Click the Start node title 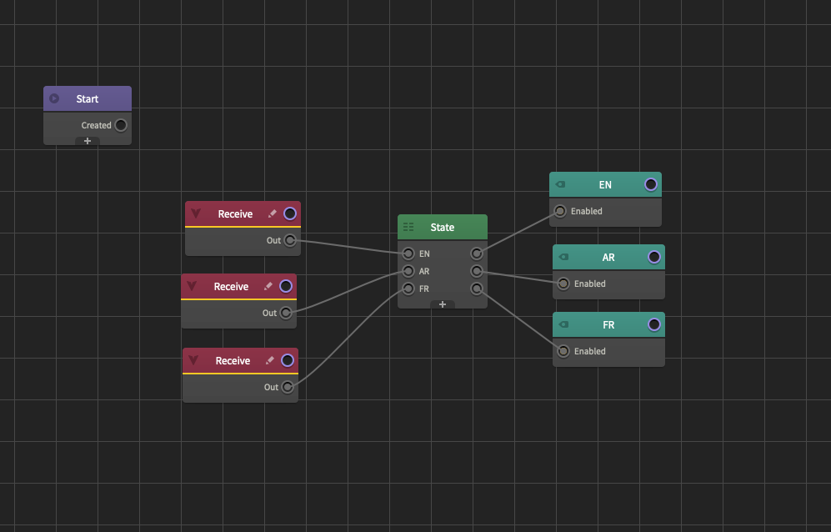click(87, 99)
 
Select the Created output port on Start click(121, 126)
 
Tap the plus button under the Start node click(88, 141)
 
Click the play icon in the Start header click(54, 98)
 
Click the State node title click(442, 228)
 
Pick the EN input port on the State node click(408, 253)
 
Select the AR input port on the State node click(408, 271)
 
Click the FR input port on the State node click(408, 289)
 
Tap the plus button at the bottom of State click(443, 304)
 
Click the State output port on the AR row click(476, 271)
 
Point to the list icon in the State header click(408, 228)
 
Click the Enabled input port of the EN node click(560, 212)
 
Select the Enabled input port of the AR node click(563, 284)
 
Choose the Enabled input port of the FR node click(563, 352)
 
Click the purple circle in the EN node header click(651, 185)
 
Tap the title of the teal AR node click(608, 258)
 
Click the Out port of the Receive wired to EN click(290, 241)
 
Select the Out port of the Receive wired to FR click(288, 387)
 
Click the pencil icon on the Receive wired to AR click(268, 287)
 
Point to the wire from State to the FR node click(517, 319)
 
